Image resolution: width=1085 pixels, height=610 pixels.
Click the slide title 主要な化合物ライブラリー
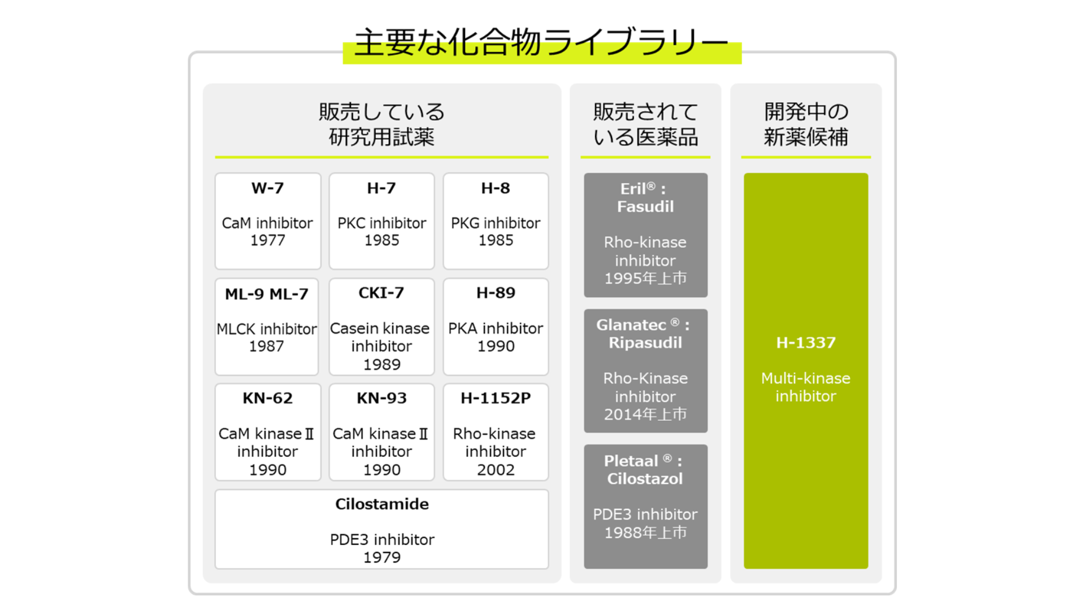click(x=541, y=42)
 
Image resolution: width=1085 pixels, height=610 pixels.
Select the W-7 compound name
click(x=268, y=188)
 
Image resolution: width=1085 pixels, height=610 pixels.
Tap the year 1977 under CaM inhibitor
click(x=268, y=240)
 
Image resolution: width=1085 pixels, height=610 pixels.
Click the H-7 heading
click(x=381, y=188)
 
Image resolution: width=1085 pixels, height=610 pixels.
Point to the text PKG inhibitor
click(x=496, y=223)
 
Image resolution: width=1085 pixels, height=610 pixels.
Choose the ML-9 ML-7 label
click(x=267, y=294)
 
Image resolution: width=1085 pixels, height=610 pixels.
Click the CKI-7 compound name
click(x=381, y=293)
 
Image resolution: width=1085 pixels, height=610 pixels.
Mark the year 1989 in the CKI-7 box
click(x=382, y=364)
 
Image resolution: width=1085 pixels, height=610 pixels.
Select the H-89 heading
click(x=496, y=293)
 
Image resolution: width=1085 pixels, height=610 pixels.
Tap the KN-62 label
click(x=268, y=398)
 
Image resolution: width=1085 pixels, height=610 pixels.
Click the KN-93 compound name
click(x=381, y=398)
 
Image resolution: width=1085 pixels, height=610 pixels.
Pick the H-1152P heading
click(x=496, y=398)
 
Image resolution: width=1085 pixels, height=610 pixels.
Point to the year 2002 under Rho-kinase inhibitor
click(x=496, y=469)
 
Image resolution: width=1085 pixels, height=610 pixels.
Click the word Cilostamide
click(x=382, y=504)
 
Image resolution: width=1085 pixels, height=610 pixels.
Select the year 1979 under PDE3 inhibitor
click(x=382, y=557)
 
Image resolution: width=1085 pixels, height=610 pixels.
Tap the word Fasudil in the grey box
click(x=645, y=207)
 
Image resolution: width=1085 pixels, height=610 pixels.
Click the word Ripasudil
click(x=645, y=343)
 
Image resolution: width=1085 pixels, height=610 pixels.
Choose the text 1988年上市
click(x=645, y=533)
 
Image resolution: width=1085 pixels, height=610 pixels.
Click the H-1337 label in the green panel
click(x=806, y=343)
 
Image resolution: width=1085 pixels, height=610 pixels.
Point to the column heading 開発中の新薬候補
click(x=806, y=124)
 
